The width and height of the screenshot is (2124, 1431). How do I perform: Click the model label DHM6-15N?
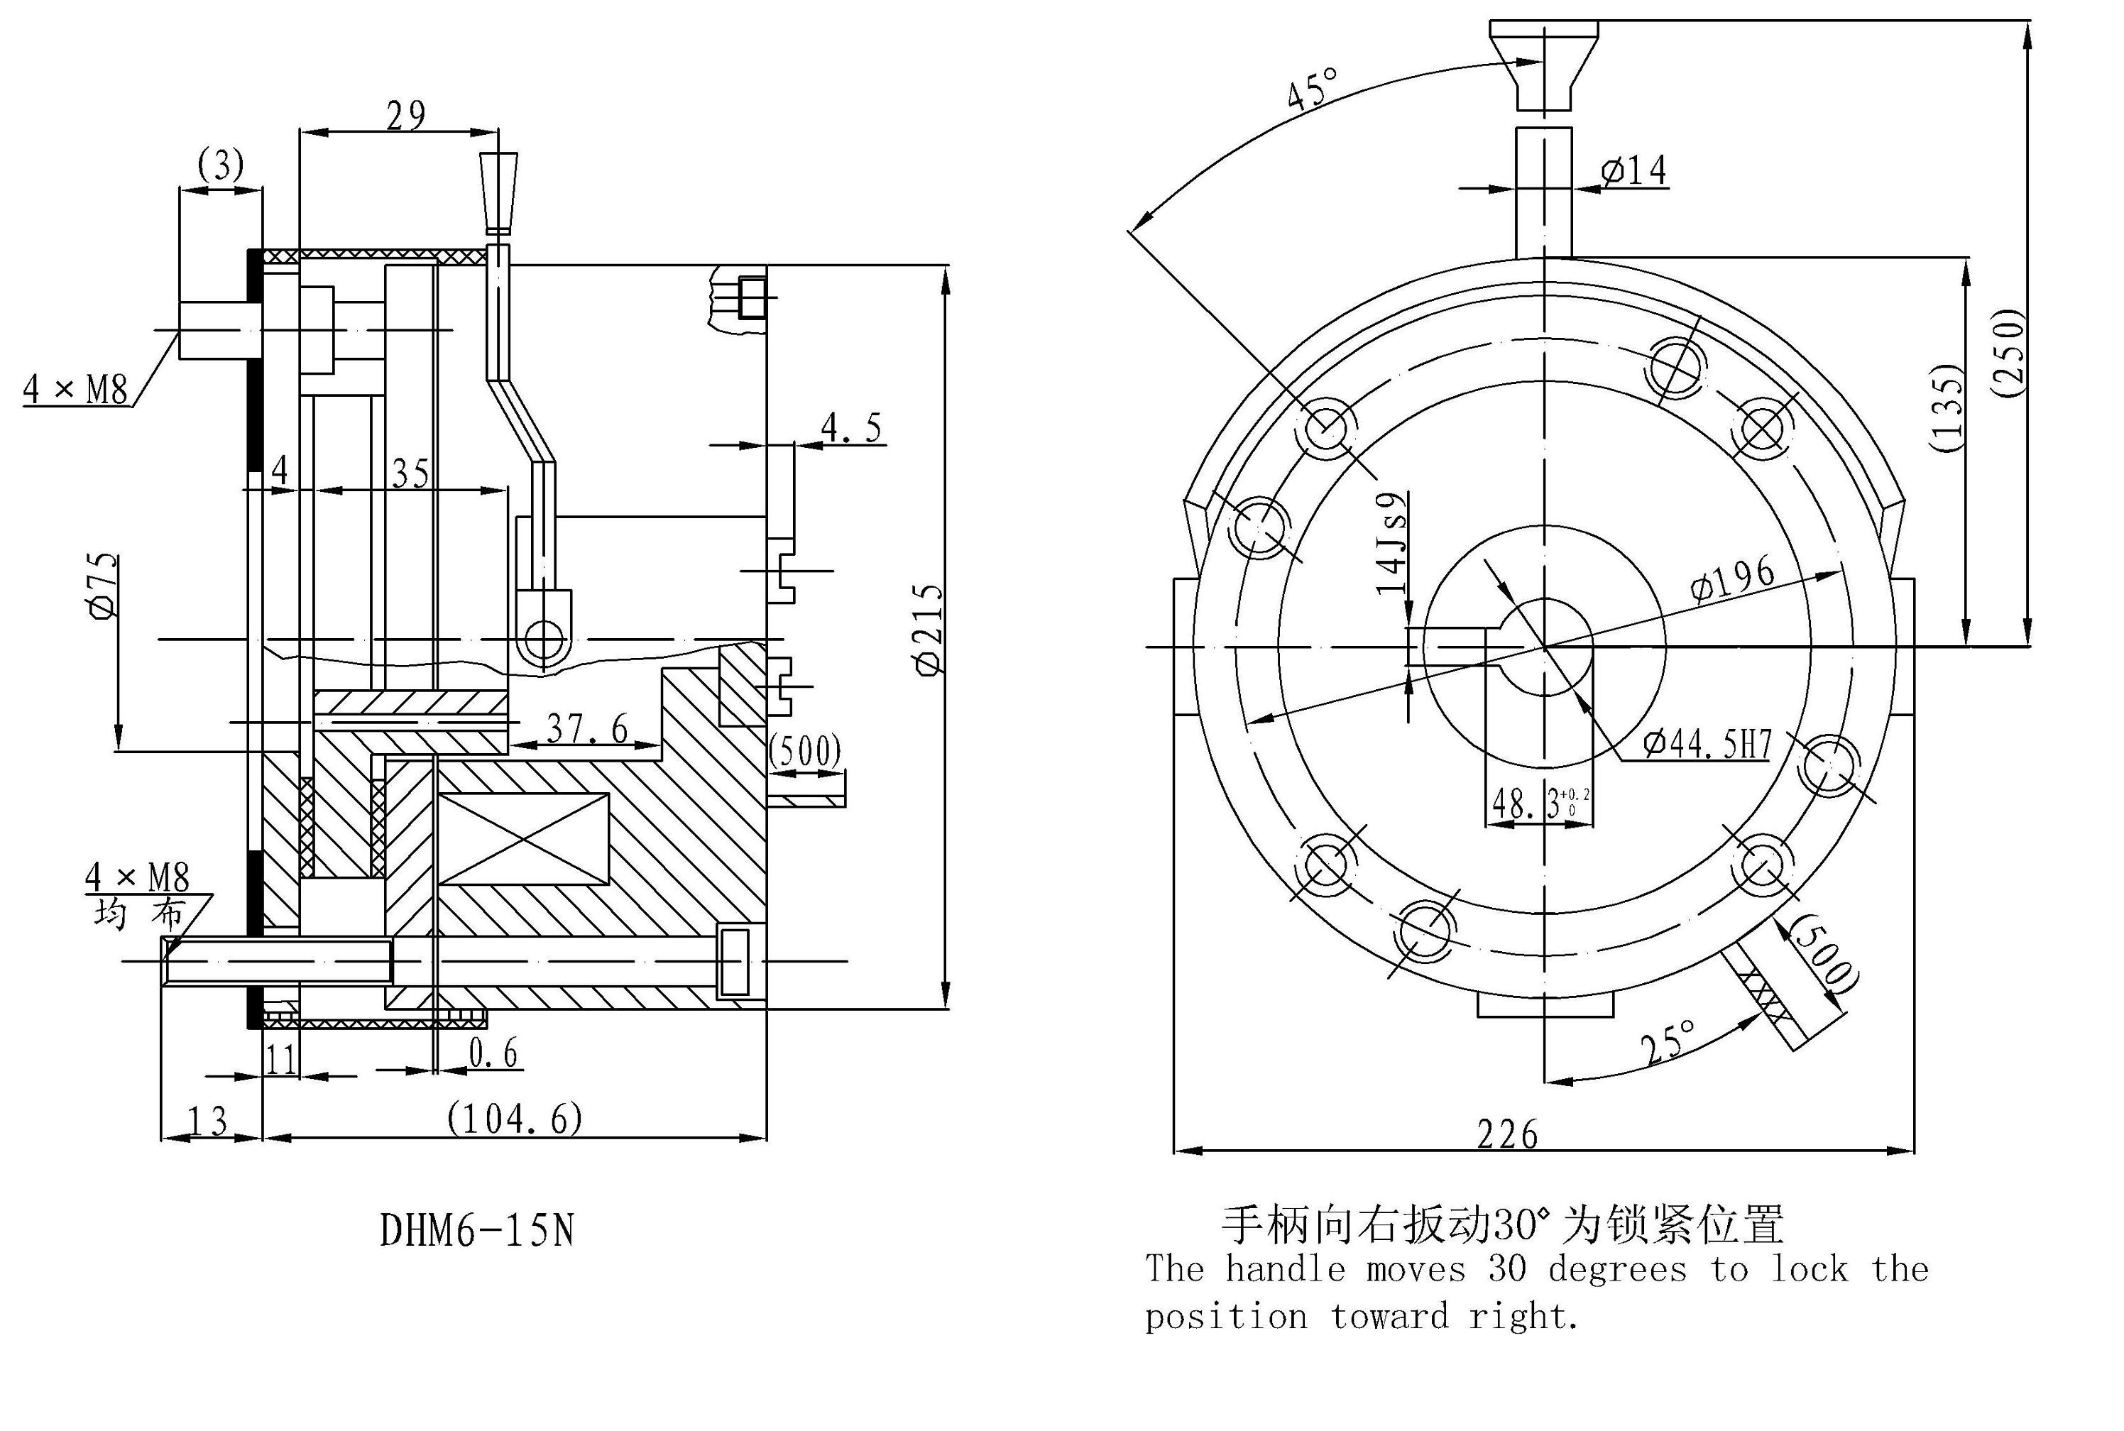coord(476,1230)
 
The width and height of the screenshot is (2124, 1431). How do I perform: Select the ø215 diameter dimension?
coord(929,630)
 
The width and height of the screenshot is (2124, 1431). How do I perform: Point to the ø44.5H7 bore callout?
coord(1706,745)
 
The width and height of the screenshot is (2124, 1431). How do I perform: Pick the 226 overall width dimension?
coord(1507,1135)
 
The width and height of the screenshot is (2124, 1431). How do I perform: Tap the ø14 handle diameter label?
coord(1634,170)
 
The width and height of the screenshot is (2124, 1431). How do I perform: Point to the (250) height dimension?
coord(2008,354)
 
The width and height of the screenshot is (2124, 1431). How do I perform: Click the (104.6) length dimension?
coord(514,1119)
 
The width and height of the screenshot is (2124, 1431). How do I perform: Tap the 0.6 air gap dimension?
coord(493,1053)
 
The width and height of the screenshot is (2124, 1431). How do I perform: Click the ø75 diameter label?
coord(103,586)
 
